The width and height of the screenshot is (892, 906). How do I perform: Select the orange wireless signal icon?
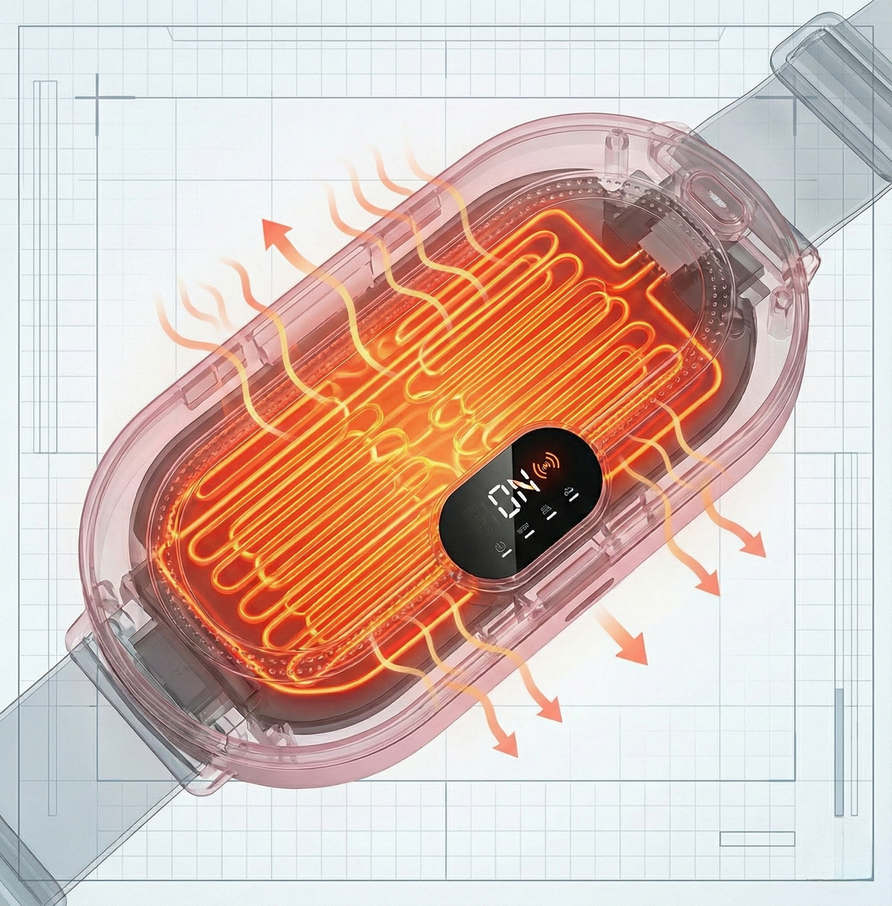click(x=548, y=468)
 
